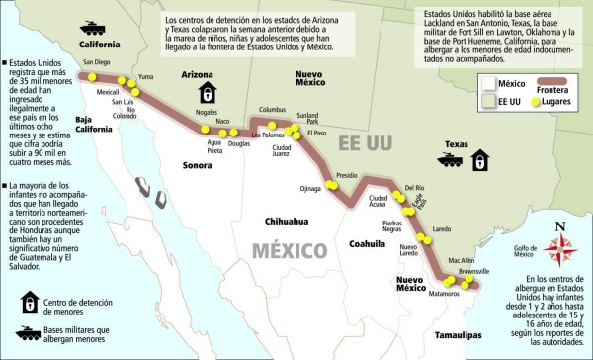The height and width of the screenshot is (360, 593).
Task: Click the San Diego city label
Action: tap(97, 62)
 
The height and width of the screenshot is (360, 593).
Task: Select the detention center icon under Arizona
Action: tap(207, 93)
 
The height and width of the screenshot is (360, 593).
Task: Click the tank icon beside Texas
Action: tap(450, 158)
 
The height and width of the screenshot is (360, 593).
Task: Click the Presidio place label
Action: tap(346, 174)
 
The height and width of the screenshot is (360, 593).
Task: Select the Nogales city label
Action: tap(207, 113)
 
